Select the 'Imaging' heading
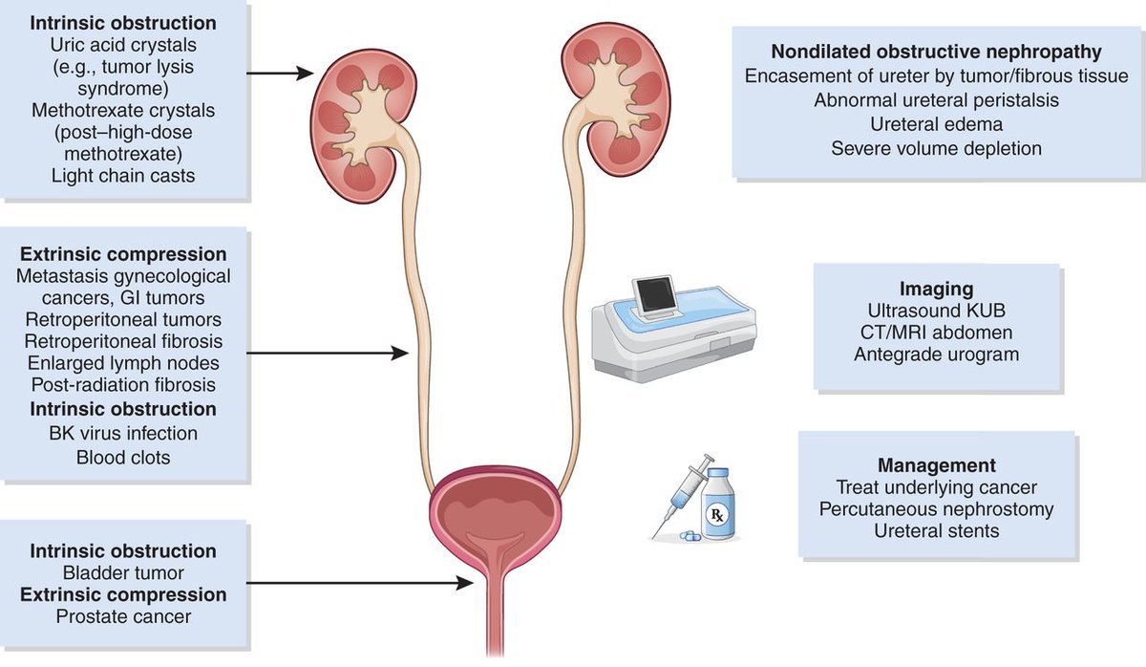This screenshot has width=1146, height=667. [936, 289]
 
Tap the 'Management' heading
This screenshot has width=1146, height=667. [935, 465]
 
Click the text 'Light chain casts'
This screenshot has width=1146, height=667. [123, 175]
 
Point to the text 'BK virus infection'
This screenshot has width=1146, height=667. [123, 433]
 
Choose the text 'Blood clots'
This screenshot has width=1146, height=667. [123, 457]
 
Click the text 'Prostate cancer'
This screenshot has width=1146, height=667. [123, 616]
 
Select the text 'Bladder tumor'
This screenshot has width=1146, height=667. [123, 572]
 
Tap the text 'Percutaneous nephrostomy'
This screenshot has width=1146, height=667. [936, 508]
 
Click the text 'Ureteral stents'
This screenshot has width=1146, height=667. [936, 530]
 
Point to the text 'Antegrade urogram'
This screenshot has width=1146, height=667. [936, 355]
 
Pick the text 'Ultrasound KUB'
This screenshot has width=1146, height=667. [936, 311]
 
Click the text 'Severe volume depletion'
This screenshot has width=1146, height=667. [936, 148]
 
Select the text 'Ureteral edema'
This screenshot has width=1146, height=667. [936, 123]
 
